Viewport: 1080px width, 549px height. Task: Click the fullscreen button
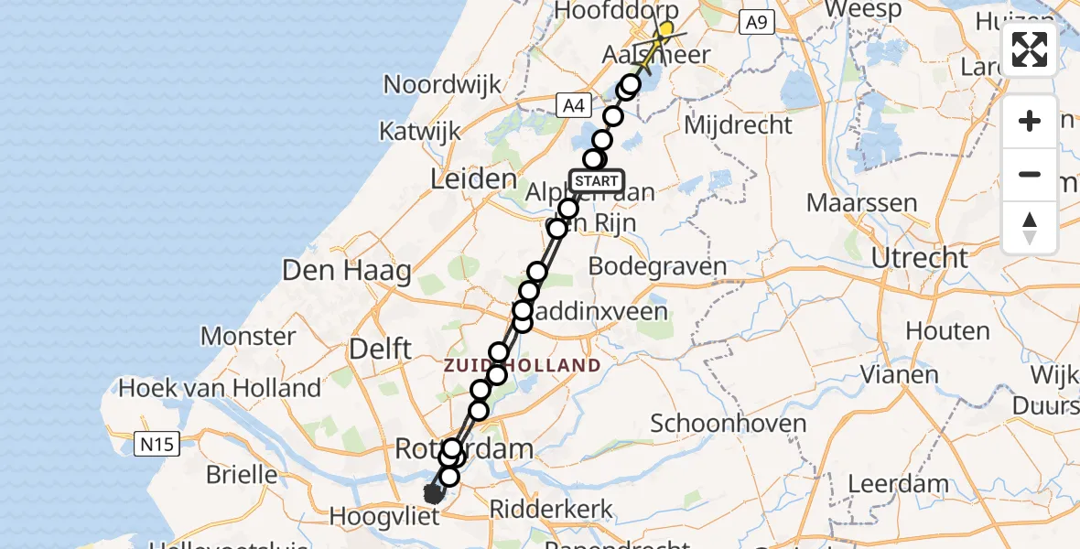(1030, 49)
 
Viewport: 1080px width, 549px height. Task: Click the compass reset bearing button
(1030, 228)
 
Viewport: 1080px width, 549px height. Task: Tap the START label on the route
(597, 180)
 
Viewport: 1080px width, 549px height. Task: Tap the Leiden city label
(473, 178)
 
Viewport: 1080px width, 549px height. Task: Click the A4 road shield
(573, 106)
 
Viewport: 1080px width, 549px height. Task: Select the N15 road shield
(157, 445)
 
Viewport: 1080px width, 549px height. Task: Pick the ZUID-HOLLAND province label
(522, 366)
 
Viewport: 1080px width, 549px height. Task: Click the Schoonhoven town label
(729, 423)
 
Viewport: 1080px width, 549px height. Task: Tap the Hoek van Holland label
(220, 388)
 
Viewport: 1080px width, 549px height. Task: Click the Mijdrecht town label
(738, 125)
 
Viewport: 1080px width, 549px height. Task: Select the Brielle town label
(243, 474)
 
